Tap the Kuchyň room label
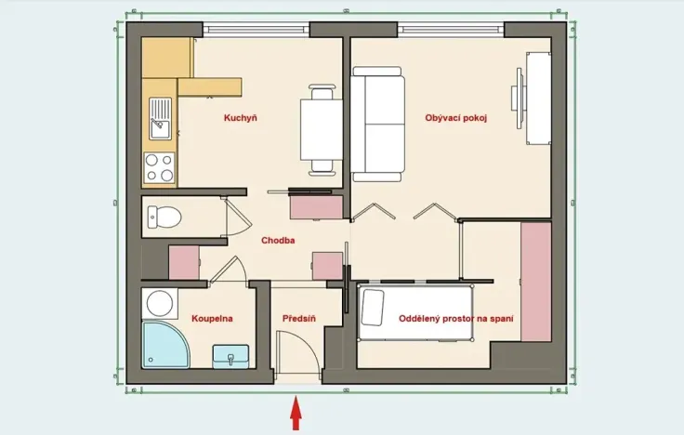click(x=240, y=118)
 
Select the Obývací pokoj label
click(x=456, y=118)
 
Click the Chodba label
click(x=278, y=240)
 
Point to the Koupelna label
click(x=212, y=318)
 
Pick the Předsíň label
click(x=299, y=318)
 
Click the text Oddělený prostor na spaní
click(x=457, y=318)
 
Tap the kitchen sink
click(x=161, y=117)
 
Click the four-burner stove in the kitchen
click(x=160, y=166)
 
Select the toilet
click(x=164, y=217)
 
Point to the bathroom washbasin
click(x=231, y=354)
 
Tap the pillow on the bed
click(x=372, y=308)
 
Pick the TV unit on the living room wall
click(x=538, y=99)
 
